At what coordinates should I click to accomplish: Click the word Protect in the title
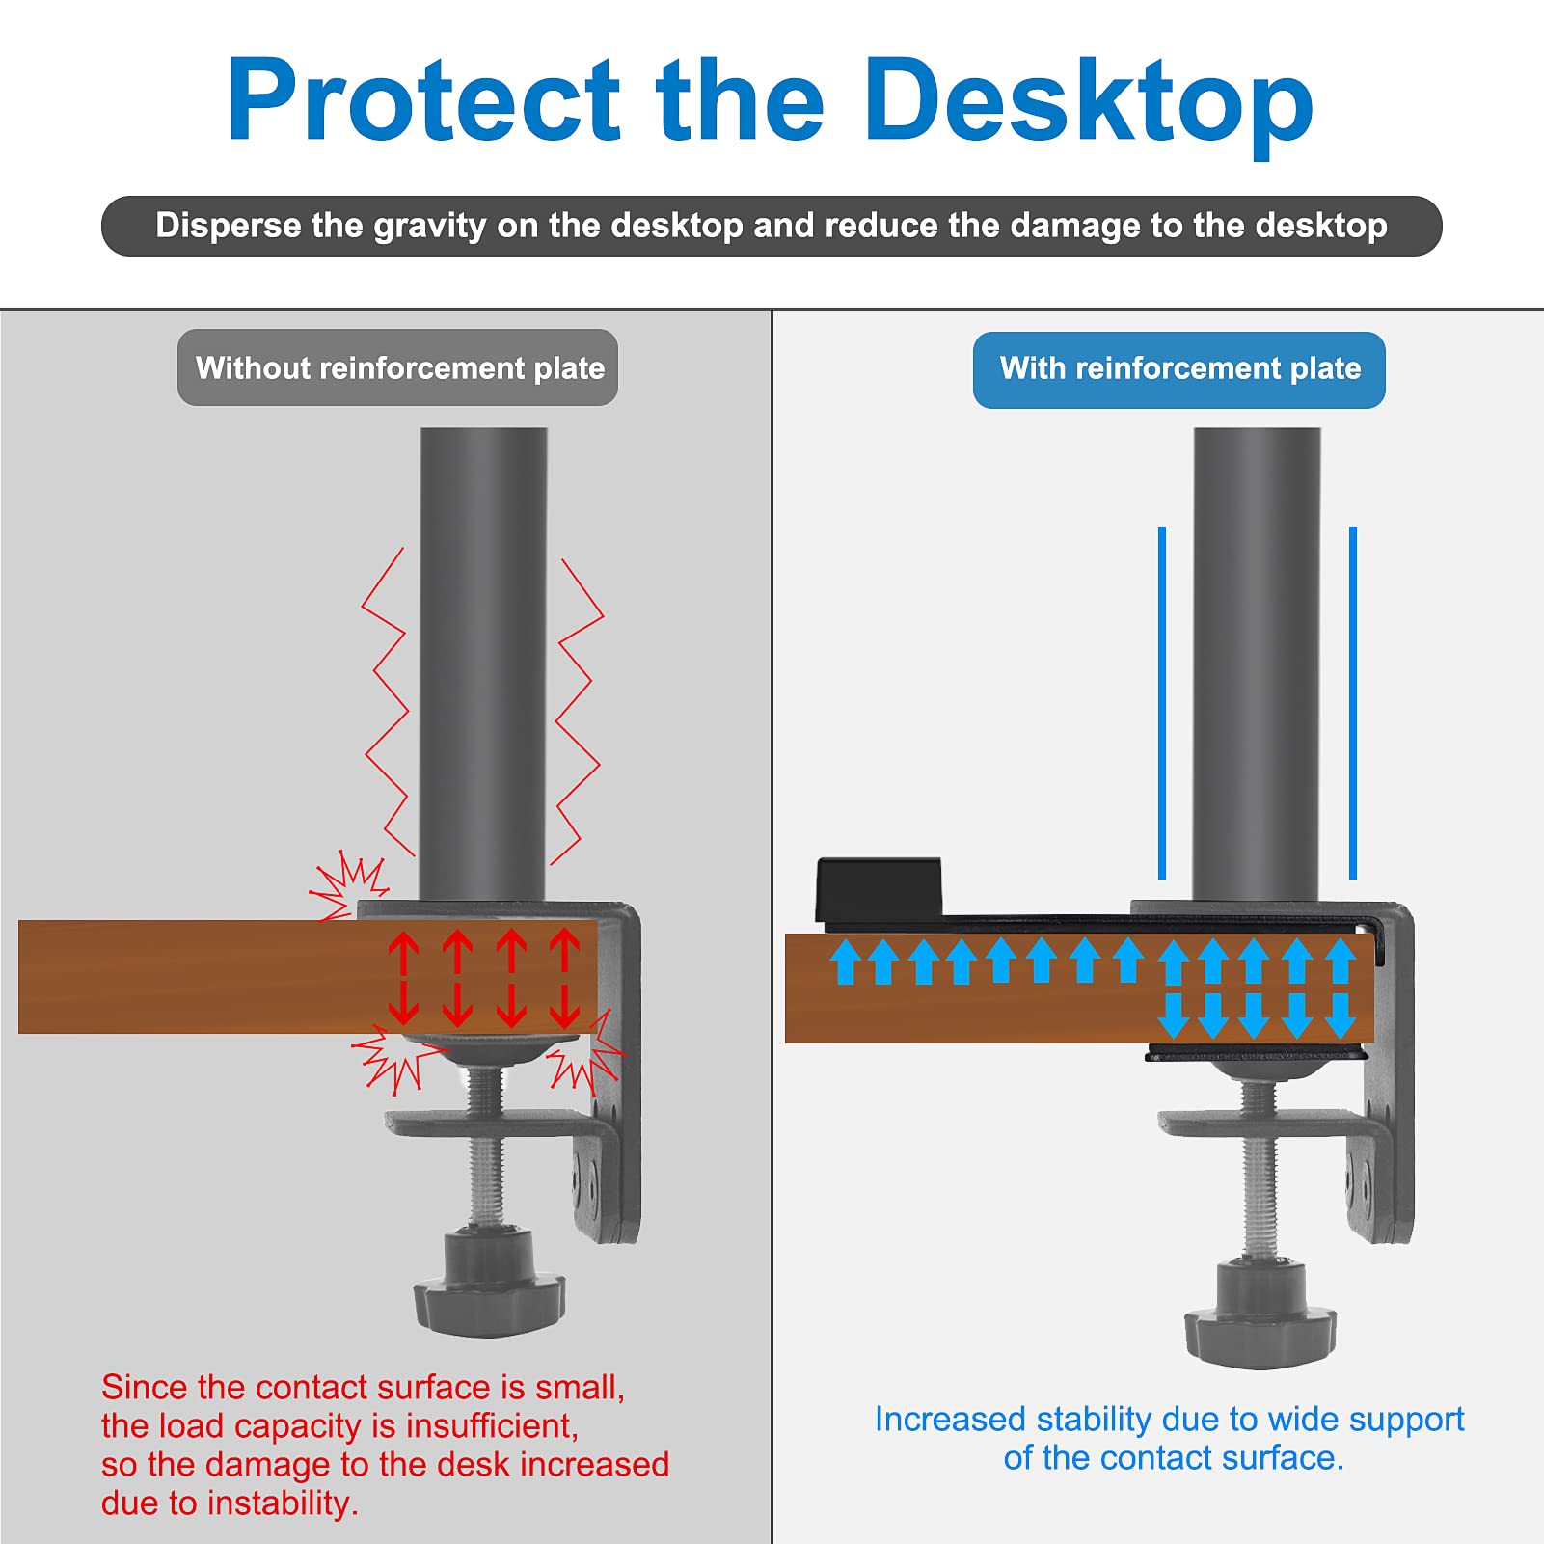(x=424, y=101)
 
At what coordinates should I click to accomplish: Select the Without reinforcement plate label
(x=397, y=367)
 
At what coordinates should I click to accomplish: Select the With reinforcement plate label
(x=1178, y=368)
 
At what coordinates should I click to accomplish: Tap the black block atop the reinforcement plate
(x=879, y=887)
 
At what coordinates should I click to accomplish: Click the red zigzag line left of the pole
(x=386, y=704)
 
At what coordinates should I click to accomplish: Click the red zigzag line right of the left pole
(x=579, y=709)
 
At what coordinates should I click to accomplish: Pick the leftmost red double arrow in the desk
(x=403, y=979)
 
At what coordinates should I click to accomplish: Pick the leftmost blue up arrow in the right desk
(x=846, y=962)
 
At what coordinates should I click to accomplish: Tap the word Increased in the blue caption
(x=949, y=1420)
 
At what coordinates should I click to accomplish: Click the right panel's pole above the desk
(x=1257, y=665)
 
